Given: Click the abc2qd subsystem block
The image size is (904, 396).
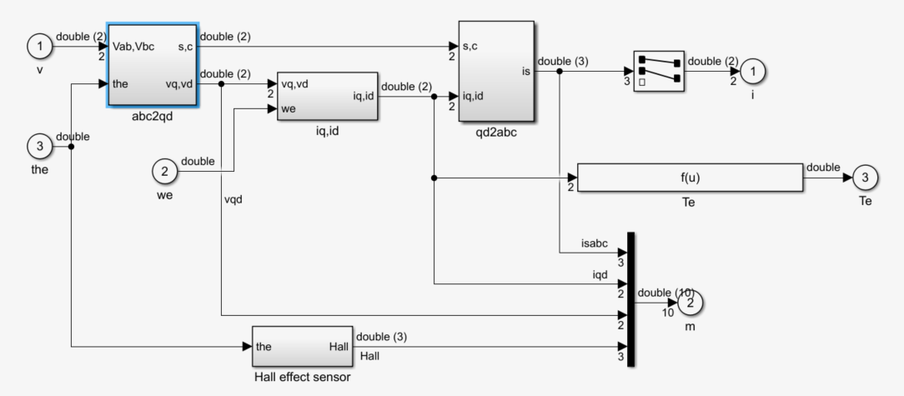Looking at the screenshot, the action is tap(153, 64).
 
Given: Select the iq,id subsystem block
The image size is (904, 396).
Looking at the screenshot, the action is tap(328, 96).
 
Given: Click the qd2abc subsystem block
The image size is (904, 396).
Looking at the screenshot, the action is tap(496, 72).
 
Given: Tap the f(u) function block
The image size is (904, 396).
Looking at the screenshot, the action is tap(691, 178).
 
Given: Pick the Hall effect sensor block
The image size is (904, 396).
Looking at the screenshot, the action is tap(303, 347).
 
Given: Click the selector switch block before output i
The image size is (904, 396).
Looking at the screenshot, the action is tap(659, 71).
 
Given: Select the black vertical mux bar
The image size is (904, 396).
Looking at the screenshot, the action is tap(630, 299).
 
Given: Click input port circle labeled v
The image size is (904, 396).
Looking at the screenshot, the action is tap(40, 47).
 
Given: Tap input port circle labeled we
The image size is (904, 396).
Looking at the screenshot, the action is tap(165, 171).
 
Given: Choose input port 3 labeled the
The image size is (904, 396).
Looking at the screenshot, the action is tap(40, 147).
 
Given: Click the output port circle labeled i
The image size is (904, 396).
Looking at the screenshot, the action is tap(753, 72).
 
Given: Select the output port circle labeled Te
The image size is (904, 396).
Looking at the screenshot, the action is tap(865, 178).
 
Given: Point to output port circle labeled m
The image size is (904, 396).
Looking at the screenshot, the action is tap(691, 303).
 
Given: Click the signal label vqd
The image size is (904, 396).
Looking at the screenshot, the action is tap(234, 200).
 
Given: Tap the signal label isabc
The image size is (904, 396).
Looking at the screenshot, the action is tap(595, 243).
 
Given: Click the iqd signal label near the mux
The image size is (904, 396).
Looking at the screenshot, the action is tap(600, 275).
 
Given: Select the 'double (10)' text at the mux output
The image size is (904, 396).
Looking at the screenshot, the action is tap(665, 293).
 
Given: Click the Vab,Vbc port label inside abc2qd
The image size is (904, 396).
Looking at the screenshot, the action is tap(134, 47).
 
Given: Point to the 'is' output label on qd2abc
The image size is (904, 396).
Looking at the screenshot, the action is tap(526, 72).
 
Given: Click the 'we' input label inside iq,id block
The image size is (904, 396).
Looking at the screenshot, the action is tap(289, 109).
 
